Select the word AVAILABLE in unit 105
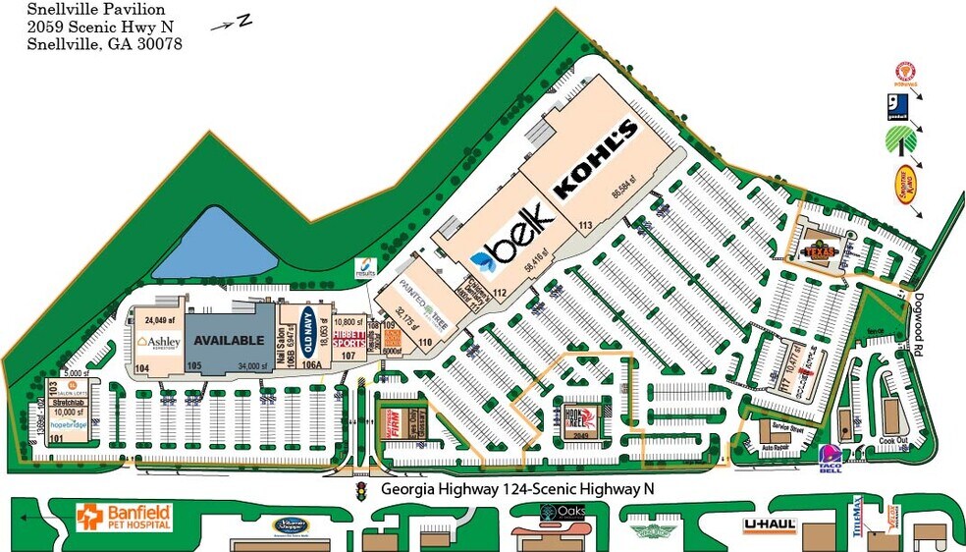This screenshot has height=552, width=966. pyautogui.click(x=229, y=341)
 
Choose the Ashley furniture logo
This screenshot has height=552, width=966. pyautogui.click(x=159, y=342)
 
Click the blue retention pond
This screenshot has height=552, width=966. pyautogui.click(x=214, y=243)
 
